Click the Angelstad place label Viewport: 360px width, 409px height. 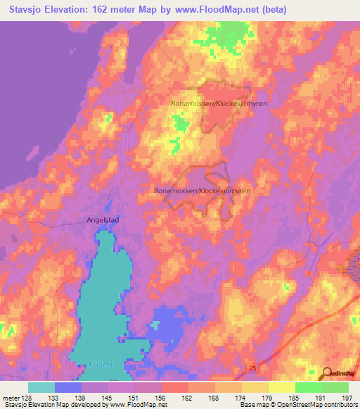tap(103, 219)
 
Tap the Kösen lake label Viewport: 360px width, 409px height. tap(101, 364)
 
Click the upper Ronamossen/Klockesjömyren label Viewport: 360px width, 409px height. tap(210, 103)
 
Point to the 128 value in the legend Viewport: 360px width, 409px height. tap(27, 397)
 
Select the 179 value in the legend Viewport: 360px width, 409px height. tap(266, 397)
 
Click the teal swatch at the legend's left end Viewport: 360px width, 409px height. tap(41, 387)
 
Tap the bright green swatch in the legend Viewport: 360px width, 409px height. tap(308, 387)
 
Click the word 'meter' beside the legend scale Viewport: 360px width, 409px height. tap(10, 397)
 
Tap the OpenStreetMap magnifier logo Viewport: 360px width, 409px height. tap(326, 374)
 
